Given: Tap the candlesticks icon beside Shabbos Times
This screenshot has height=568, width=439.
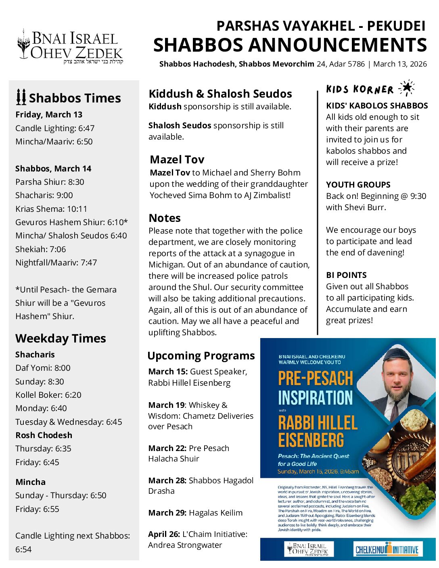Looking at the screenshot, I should click(x=21, y=97).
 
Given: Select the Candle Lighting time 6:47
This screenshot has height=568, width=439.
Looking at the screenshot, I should click(x=86, y=128).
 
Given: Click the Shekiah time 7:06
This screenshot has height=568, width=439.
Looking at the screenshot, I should click(x=58, y=249).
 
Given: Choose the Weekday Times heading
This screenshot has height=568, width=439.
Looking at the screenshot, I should click(x=61, y=338).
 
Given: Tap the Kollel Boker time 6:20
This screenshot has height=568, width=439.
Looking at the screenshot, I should click(x=73, y=395).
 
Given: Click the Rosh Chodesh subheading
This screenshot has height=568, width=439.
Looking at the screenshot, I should click(x=44, y=435).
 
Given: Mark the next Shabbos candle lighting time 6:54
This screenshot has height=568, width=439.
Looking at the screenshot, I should click(x=23, y=549).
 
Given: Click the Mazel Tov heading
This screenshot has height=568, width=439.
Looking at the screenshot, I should click(x=177, y=159).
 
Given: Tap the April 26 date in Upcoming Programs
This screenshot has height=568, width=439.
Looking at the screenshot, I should click(x=164, y=534).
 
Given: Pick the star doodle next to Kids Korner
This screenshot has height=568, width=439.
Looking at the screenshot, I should click(x=406, y=88).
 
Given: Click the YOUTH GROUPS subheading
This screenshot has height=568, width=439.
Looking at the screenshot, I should click(x=358, y=185).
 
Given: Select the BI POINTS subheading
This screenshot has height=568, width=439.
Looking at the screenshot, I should click(x=346, y=275).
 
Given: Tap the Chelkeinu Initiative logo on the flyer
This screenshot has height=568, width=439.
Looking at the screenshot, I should click(x=387, y=549).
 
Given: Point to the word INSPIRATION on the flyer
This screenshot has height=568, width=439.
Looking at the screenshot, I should click(x=315, y=398).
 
